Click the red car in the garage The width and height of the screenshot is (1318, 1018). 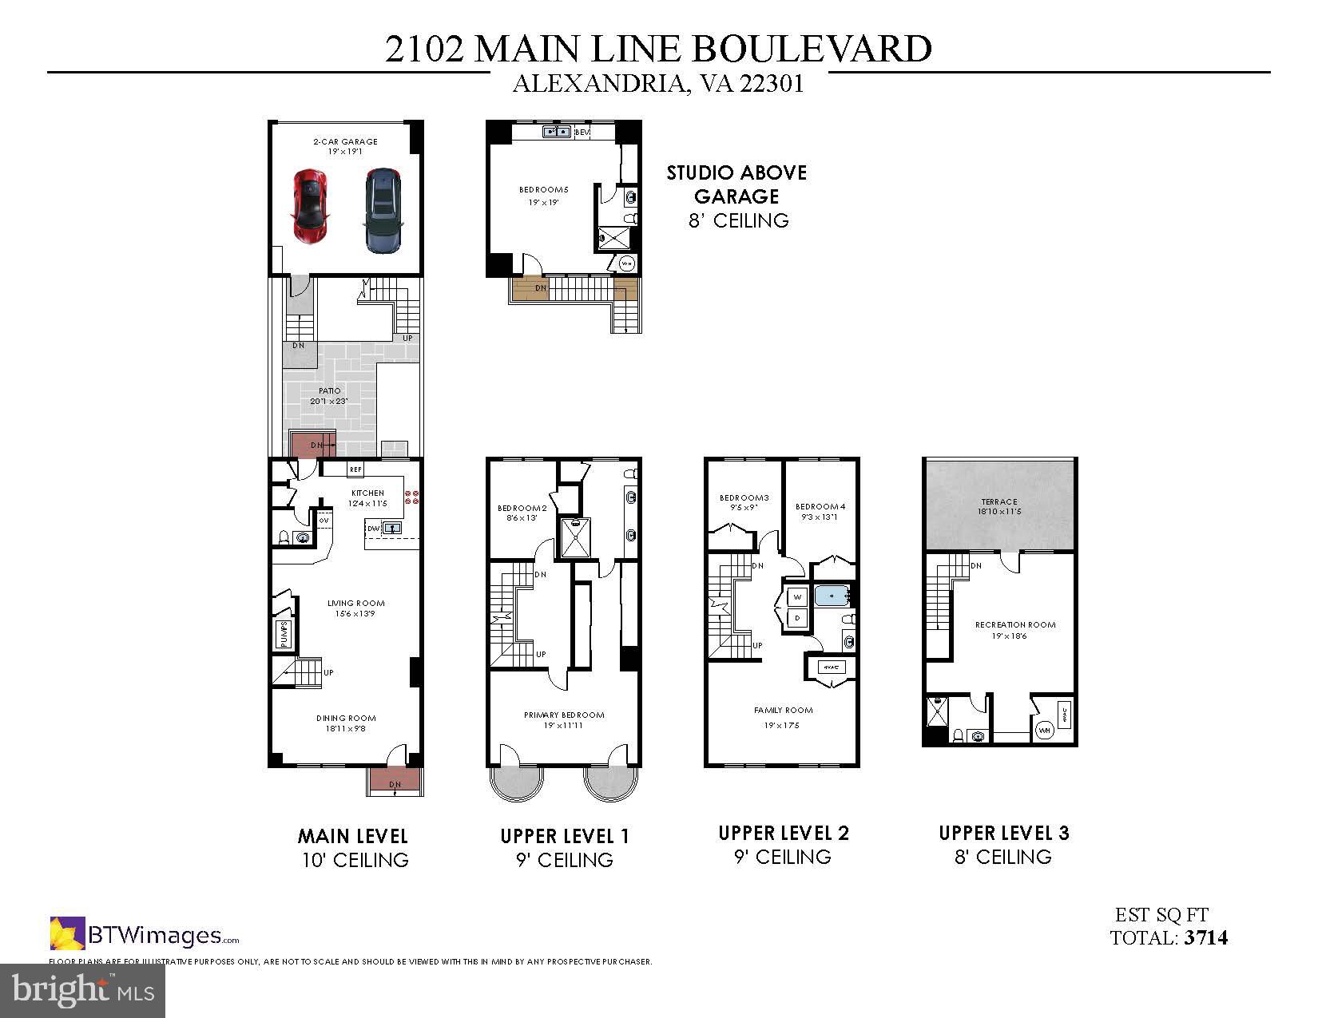311,205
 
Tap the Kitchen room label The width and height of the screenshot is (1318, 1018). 367,493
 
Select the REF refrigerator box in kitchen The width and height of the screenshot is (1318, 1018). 355,470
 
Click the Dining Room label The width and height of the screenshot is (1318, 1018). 346,719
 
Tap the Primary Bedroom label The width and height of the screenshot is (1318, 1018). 564,715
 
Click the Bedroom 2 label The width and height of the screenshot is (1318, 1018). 522,509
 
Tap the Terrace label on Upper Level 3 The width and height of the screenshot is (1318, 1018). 999,502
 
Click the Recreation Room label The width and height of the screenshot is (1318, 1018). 1015,625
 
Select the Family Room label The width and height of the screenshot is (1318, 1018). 783,711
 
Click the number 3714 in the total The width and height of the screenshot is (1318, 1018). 1206,937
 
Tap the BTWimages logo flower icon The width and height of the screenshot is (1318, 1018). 67,933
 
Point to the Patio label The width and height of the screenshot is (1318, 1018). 329,391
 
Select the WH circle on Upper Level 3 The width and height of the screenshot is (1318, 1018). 1044,730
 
